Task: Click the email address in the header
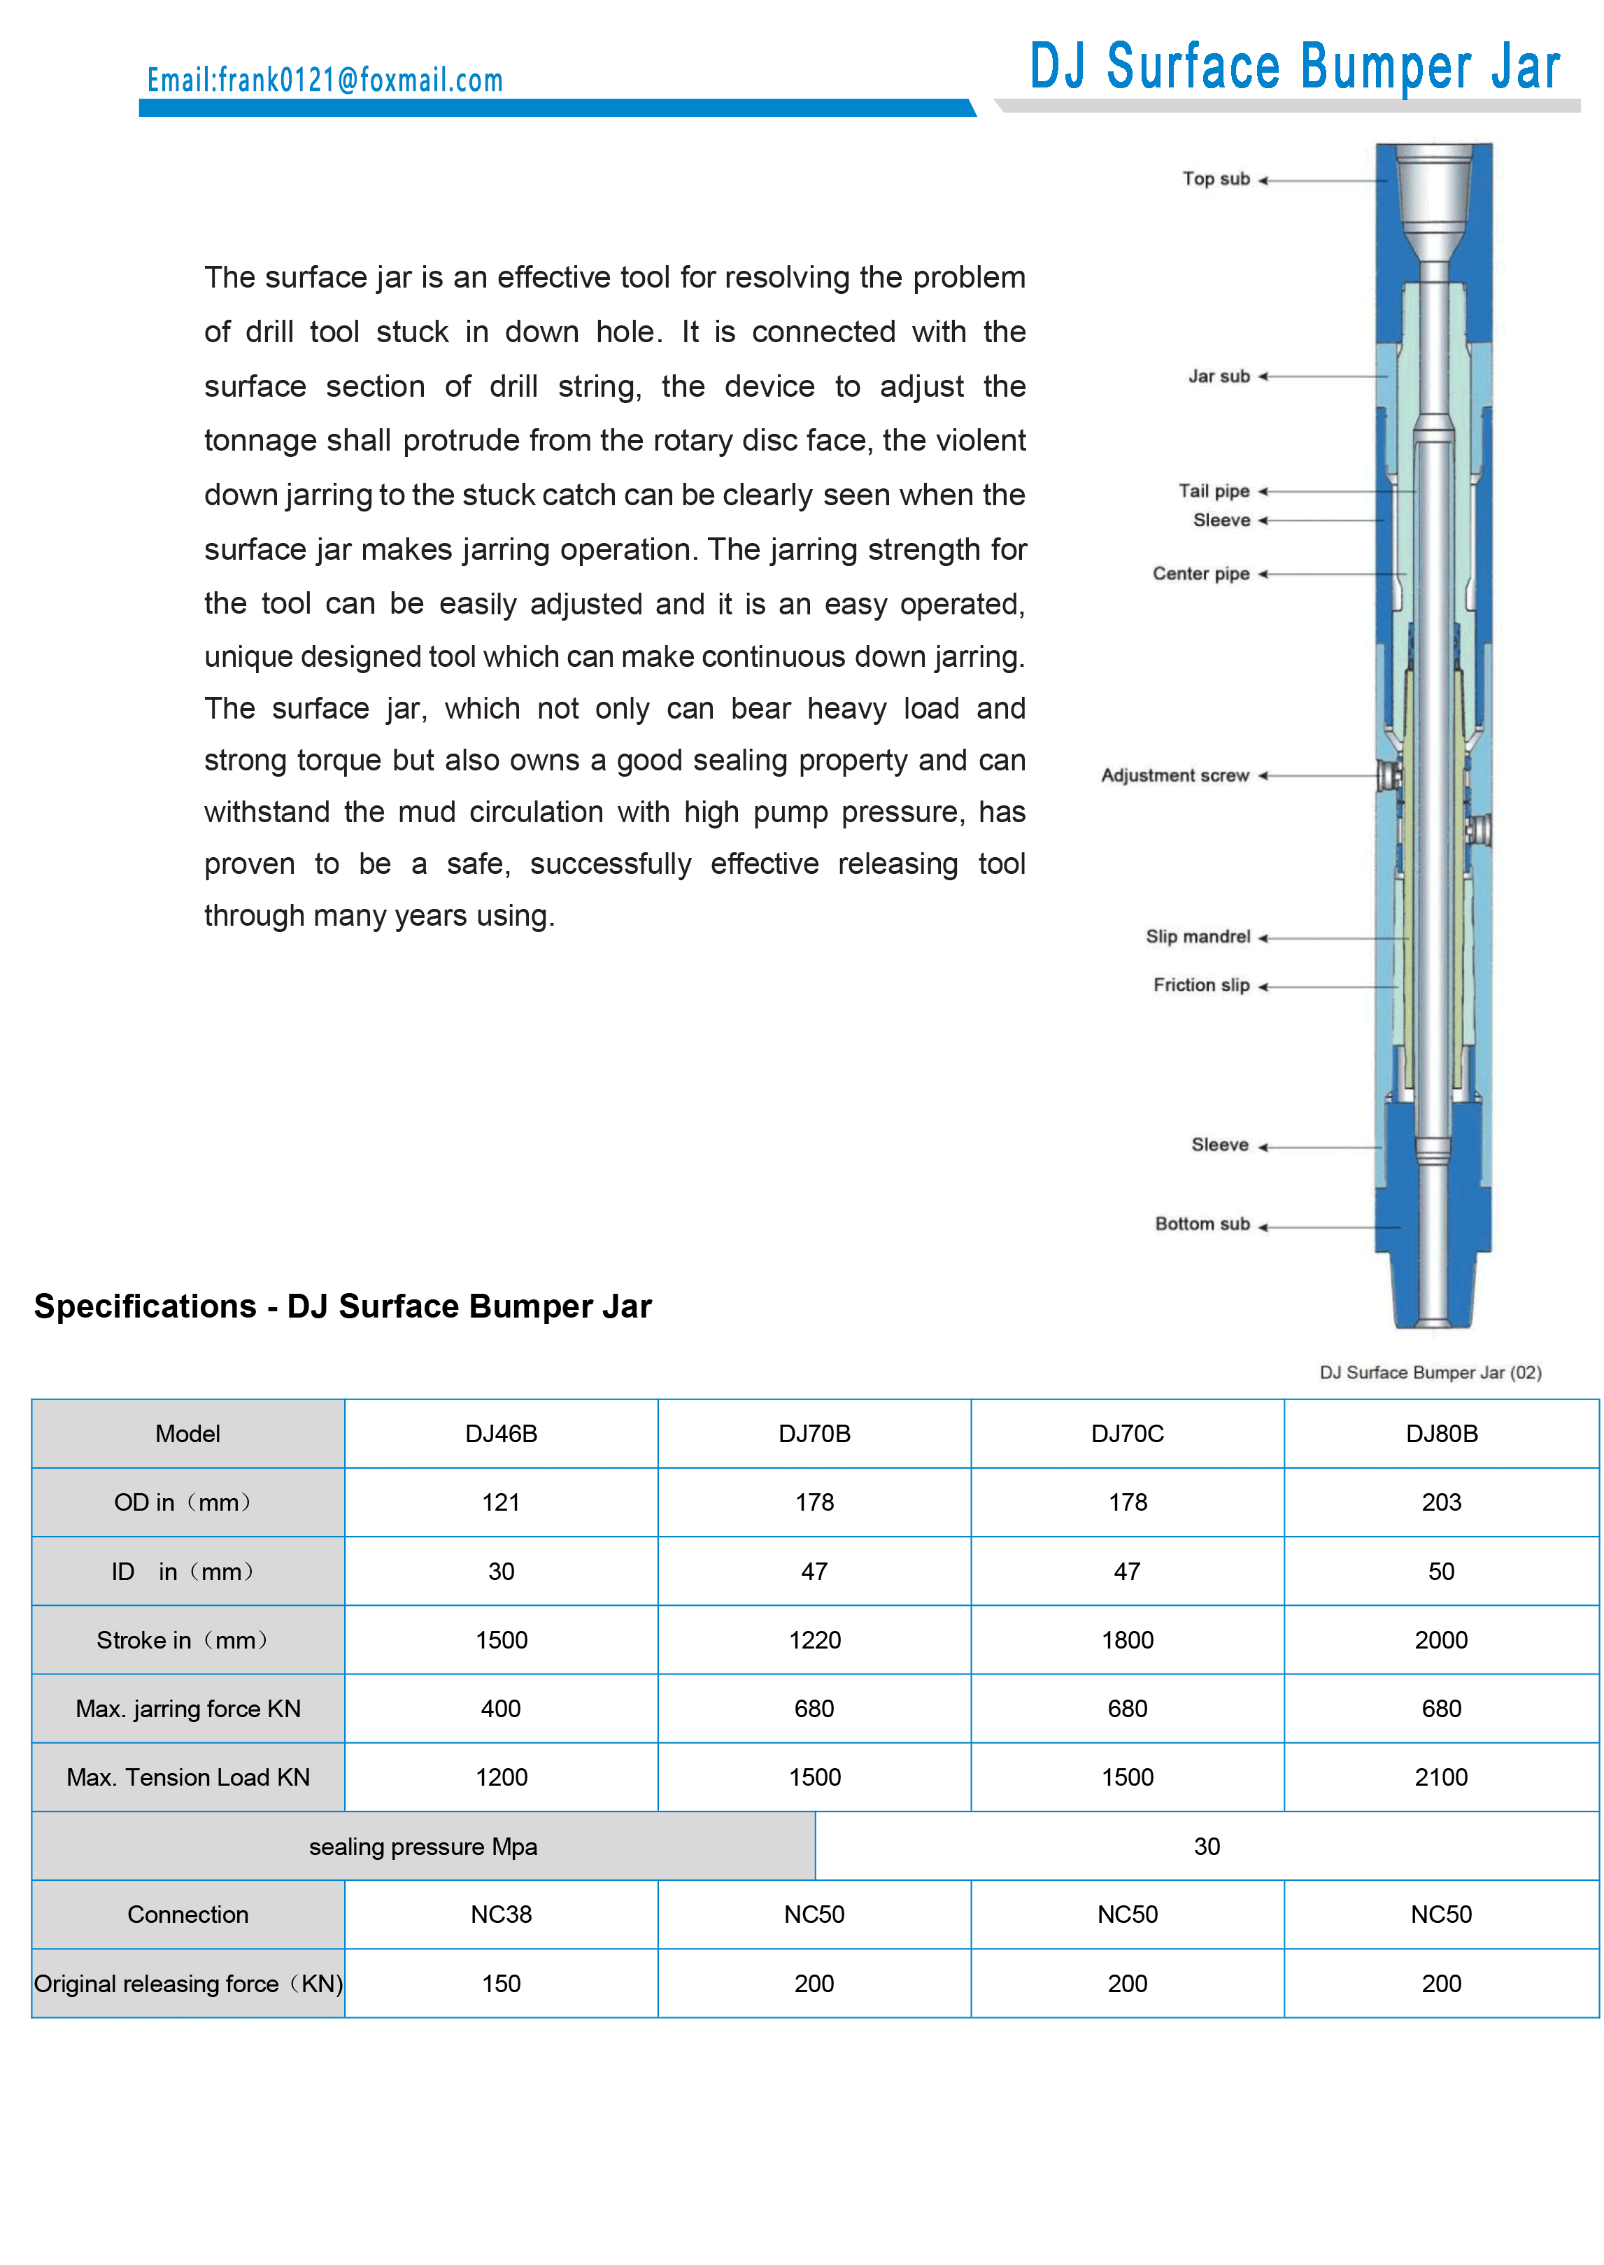click(325, 80)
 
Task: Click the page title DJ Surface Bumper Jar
click(1294, 67)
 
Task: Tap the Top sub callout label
click(1216, 179)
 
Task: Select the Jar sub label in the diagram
click(1219, 376)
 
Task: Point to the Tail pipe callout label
click(1214, 491)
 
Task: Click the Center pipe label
click(1200, 574)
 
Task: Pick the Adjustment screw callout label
click(1174, 775)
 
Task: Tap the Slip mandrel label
click(1197, 936)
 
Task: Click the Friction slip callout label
click(1201, 985)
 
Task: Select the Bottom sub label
click(1202, 1224)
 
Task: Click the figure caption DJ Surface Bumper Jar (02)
click(1429, 1372)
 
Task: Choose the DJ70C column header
click(1127, 1433)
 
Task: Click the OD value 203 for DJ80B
click(1441, 1502)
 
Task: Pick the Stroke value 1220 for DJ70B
click(814, 1639)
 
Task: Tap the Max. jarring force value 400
click(501, 1709)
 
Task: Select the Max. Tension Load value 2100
click(1441, 1777)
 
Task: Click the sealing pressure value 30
click(1206, 1846)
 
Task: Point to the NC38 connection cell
click(501, 1914)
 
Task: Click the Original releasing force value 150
click(501, 1984)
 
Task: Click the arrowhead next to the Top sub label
click(1263, 181)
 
